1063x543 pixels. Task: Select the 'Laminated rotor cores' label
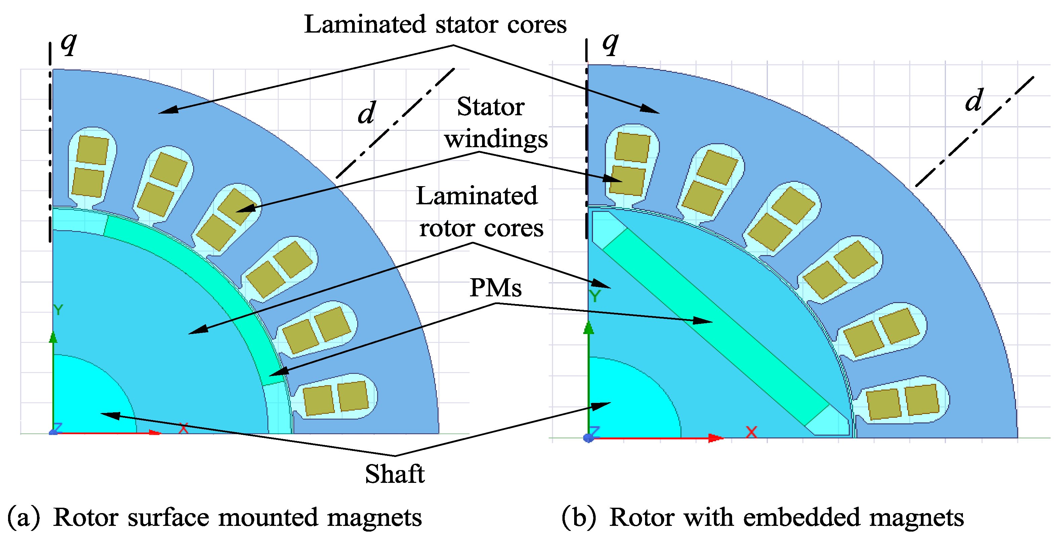(x=479, y=212)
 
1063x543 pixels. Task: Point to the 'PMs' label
(x=495, y=288)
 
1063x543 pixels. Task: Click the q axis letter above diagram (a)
(x=69, y=43)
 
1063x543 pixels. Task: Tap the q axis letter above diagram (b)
(x=610, y=43)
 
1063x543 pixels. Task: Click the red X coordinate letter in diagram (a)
(x=183, y=428)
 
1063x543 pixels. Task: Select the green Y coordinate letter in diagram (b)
(x=595, y=296)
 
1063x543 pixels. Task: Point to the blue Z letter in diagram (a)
(x=57, y=428)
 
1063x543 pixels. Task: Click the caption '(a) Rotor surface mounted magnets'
(x=215, y=517)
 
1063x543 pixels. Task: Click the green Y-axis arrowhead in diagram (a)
(x=53, y=337)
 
